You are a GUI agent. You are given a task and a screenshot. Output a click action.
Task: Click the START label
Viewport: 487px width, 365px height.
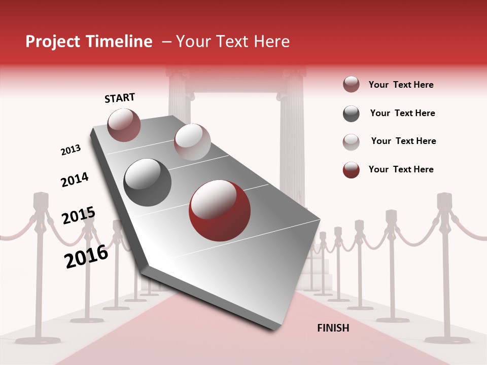point(120,98)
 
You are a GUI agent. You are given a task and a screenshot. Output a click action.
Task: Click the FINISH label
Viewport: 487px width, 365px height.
point(333,328)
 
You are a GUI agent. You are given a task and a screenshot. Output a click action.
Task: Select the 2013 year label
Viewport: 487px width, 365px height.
point(71,150)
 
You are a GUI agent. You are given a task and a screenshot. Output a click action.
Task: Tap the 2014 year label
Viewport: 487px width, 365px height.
point(75,179)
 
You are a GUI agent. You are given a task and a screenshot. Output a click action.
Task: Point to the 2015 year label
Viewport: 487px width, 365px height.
point(78,216)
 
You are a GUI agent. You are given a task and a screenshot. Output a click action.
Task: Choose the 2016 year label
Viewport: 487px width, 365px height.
point(86,256)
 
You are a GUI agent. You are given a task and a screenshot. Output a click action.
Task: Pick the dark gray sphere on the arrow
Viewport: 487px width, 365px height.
point(148,182)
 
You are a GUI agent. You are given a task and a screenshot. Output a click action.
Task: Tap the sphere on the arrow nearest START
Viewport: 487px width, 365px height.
point(124,125)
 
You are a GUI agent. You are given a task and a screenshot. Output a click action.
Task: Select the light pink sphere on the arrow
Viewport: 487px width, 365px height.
point(192,142)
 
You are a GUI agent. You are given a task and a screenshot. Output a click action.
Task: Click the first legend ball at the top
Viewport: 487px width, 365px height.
point(351,84)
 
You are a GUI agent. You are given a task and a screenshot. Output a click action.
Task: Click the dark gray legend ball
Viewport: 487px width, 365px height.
point(351,114)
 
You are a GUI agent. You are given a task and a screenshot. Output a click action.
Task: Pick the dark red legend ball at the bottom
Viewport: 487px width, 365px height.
point(351,170)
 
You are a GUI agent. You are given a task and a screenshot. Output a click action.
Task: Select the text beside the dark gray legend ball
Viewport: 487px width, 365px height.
point(402,113)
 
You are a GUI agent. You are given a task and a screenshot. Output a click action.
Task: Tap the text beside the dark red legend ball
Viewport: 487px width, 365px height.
point(401,169)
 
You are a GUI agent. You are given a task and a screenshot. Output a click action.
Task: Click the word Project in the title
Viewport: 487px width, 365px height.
point(53,42)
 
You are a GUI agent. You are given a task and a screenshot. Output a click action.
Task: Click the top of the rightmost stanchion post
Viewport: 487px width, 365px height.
point(444,199)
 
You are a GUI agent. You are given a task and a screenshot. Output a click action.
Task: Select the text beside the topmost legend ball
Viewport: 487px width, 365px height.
point(401,85)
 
